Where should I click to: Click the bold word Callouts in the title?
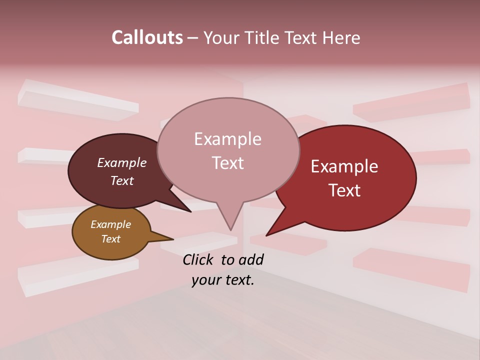[147, 37]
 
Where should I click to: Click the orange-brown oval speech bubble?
[111, 232]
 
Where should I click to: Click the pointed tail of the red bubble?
[278, 225]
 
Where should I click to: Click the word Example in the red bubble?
[344, 166]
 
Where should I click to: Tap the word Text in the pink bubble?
[227, 163]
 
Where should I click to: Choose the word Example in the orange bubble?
[110, 224]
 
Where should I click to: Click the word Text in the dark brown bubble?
[121, 180]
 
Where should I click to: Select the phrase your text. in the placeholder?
[223, 280]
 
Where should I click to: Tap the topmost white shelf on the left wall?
[77, 100]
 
